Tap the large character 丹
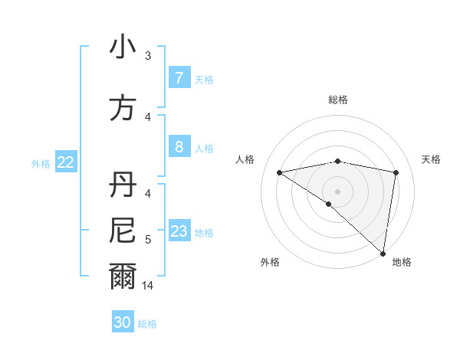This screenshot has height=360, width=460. (123, 186)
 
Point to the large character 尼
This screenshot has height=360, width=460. (123, 230)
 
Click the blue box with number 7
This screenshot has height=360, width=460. (179, 78)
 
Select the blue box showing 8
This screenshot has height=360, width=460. (179, 147)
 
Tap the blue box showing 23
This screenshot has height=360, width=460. (179, 232)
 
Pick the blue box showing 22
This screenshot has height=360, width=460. (66, 162)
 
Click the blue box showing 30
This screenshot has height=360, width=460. (123, 322)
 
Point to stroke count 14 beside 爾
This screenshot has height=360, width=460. (149, 285)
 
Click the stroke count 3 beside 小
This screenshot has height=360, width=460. (148, 55)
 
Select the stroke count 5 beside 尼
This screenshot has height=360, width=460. (148, 240)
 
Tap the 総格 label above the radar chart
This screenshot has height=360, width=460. (338, 100)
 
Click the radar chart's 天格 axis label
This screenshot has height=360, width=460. (431, 159)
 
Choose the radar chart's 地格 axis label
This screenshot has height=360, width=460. (402, 263)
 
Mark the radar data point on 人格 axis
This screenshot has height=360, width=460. (279, 172)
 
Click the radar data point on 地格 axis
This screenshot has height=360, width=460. (383, 253)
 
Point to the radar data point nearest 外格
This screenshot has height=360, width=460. (328, 204)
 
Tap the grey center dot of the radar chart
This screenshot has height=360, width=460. (337, 191)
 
